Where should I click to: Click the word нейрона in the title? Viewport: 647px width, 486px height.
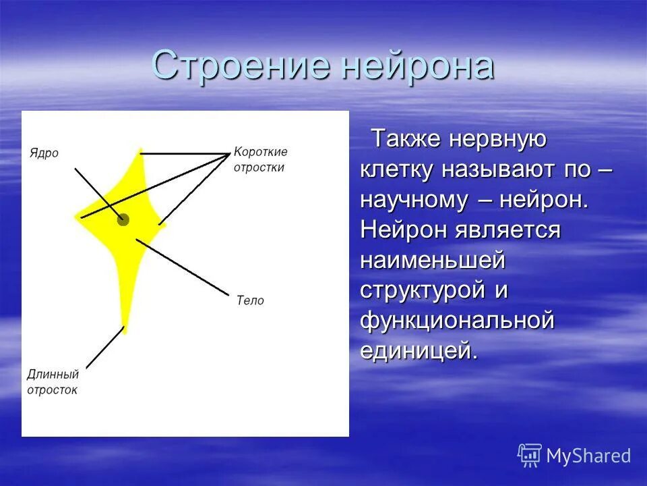418,65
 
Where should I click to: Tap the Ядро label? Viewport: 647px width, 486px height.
44,153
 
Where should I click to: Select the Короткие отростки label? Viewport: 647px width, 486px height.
260,160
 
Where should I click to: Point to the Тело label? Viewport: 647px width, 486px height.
250,300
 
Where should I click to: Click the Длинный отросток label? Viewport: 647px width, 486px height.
53,381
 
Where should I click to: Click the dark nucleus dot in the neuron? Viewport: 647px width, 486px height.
123,219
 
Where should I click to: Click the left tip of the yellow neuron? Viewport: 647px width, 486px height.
78,217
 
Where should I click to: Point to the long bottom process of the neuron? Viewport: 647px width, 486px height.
125,297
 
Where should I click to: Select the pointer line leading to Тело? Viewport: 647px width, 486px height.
182,267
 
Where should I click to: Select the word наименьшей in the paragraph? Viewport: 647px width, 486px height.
432,259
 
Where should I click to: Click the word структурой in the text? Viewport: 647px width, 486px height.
423,290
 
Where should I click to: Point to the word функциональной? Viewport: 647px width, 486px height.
457,320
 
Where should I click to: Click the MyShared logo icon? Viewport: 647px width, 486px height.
530,456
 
